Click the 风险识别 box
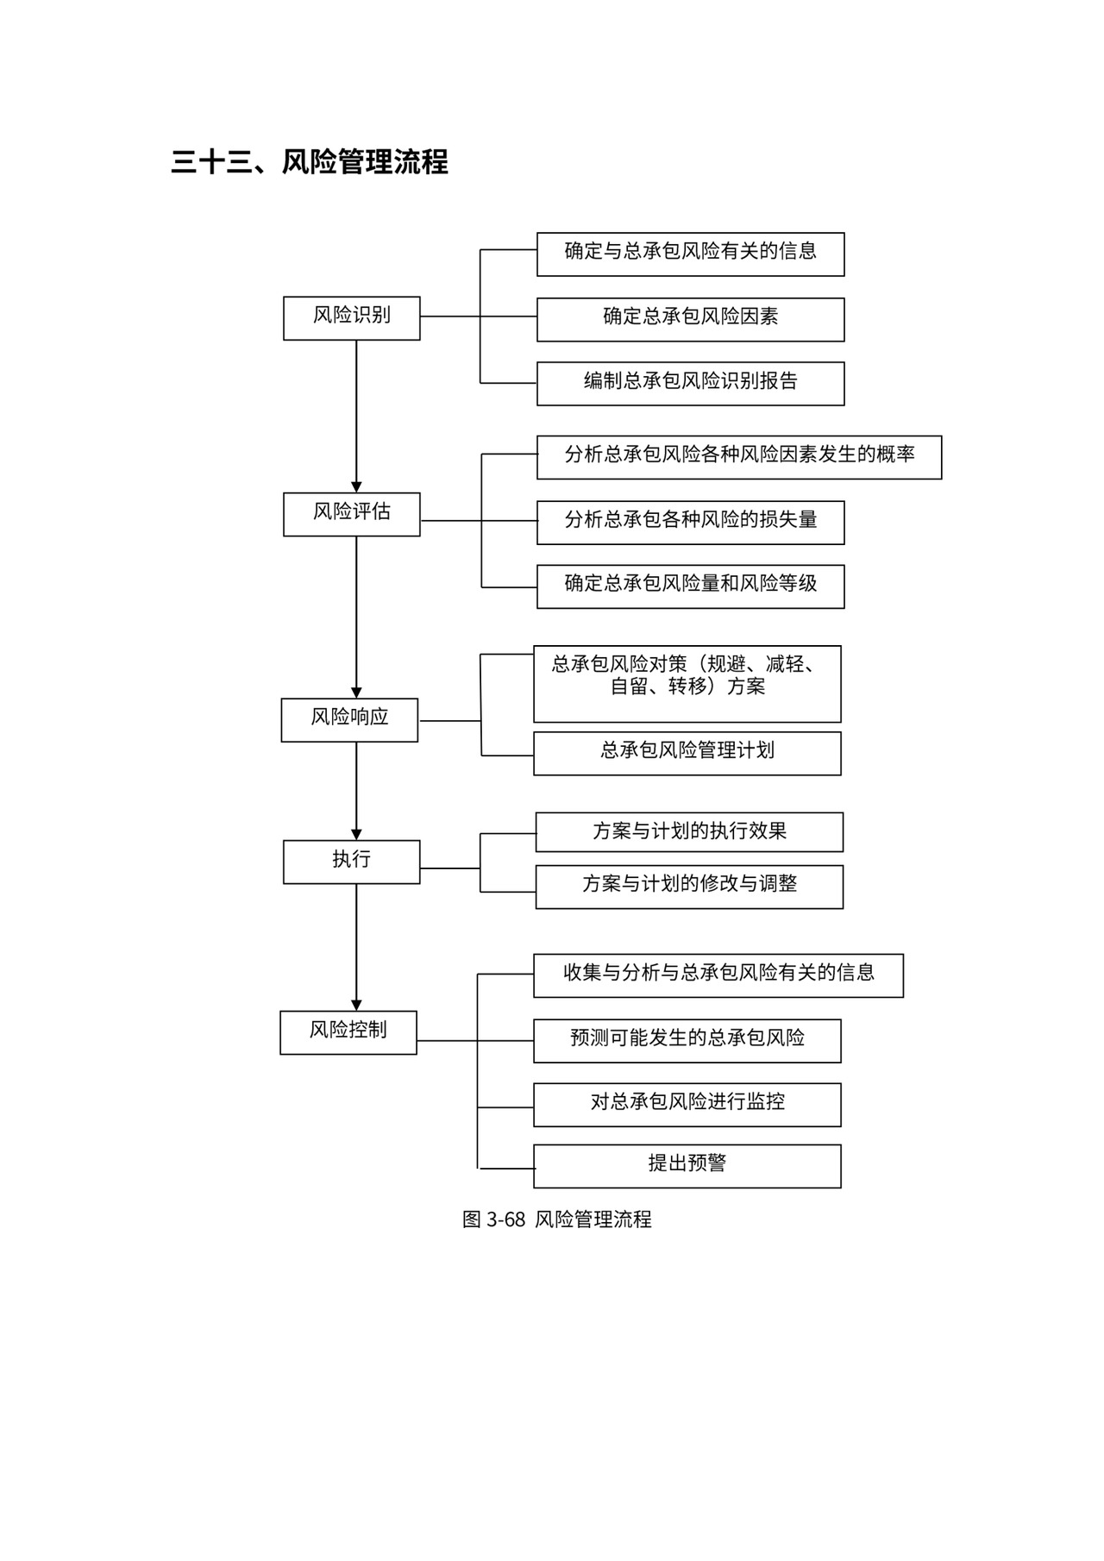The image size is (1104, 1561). click(351, 317)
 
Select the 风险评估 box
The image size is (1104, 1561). click(351, 514)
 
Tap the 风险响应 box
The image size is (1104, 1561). click(349, 719)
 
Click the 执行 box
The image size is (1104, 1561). click(351, 862)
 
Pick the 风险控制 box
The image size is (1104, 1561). click(348, 1032)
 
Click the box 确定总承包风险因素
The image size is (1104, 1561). click(690, 319)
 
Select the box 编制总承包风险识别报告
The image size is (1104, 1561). click(690, 383)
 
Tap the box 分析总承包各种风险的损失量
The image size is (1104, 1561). click(690, 522)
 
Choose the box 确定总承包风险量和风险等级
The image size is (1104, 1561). click(690, 586)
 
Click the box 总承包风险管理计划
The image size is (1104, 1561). click(687, 753)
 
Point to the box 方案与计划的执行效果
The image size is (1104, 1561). click(689, 831)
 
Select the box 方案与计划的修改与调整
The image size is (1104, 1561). click(689, 886)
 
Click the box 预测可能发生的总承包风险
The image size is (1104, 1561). click(687, 1040)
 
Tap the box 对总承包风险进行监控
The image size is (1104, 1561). click(687, 1104)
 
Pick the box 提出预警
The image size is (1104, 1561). click(687, 1165)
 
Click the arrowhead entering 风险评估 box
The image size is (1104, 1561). click(356, 487)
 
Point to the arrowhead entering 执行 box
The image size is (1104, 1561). click(356, 835)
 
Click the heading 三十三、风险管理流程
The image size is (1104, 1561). click(309, 162)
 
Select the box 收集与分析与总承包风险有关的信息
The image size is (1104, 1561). click(718, 975)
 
